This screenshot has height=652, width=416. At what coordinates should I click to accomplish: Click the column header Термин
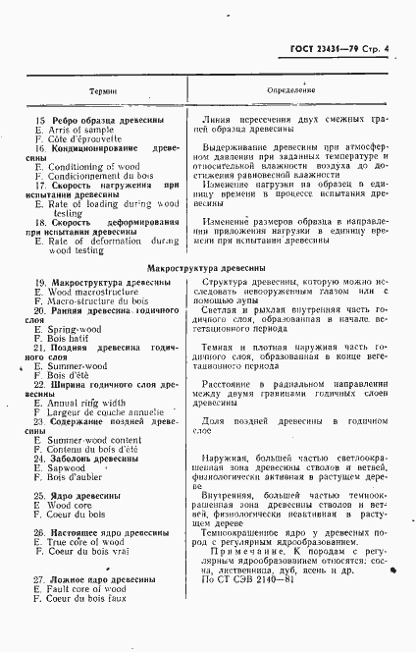pyautogui.click(x=103, y=89)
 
